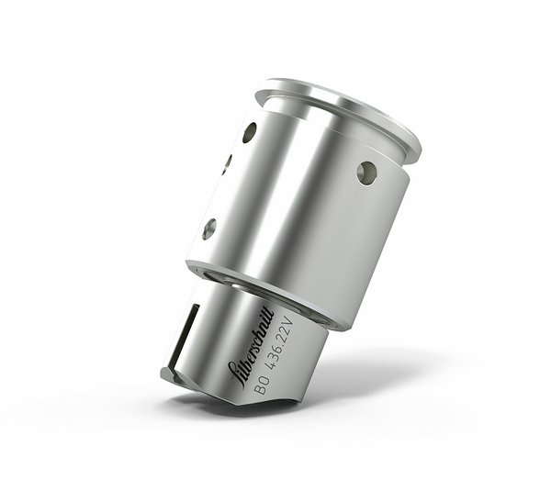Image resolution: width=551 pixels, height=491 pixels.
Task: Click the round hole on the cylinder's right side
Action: pyautogui.click(x=366, y=172)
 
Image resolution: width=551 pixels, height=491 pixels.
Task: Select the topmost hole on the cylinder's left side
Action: pyautogui.click(x=249, y=132)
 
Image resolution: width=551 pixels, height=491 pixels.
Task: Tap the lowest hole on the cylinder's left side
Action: pyautogui.click(x=209, y=229)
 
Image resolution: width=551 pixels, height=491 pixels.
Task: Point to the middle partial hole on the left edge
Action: pyautogui.click(x=226, y=165)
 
